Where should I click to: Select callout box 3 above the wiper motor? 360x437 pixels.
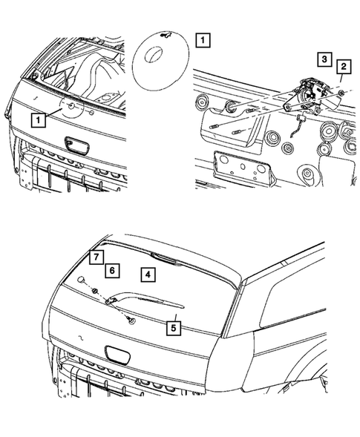coord(323,58)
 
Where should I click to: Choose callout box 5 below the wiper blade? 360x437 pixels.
coord(173,325)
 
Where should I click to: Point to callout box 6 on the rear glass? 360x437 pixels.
coord(111,272)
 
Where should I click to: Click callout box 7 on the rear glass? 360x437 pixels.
coord(95,257)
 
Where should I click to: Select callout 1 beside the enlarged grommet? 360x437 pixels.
coord(203,40)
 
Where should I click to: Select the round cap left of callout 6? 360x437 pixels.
coord(79,279)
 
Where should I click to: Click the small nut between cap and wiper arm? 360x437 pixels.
coord(96,289)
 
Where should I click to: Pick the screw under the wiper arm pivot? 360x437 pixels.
coord(131,320)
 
